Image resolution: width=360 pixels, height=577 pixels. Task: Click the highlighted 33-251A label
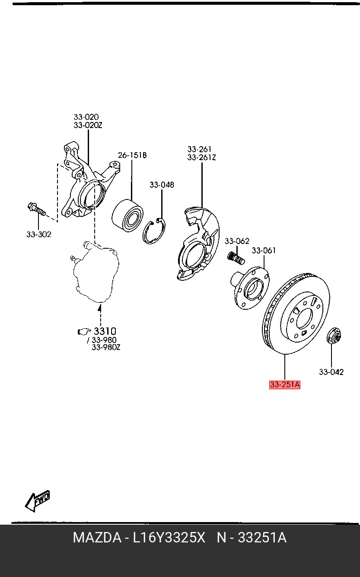(284, 385)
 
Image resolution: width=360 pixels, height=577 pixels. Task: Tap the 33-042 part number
(331, 372)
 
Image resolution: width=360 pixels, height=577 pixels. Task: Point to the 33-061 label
(264, 250)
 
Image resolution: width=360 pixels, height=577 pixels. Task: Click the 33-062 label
(237, 241)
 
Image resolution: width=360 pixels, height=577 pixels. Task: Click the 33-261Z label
(201, 158)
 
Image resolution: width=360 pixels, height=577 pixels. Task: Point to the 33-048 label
(162, 185)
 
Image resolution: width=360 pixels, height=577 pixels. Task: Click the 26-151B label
(132, 155)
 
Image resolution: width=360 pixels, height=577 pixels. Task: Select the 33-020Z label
(88, 125)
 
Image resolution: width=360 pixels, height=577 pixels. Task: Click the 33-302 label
(38, 234)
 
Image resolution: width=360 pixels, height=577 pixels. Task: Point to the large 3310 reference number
(105, 332)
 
